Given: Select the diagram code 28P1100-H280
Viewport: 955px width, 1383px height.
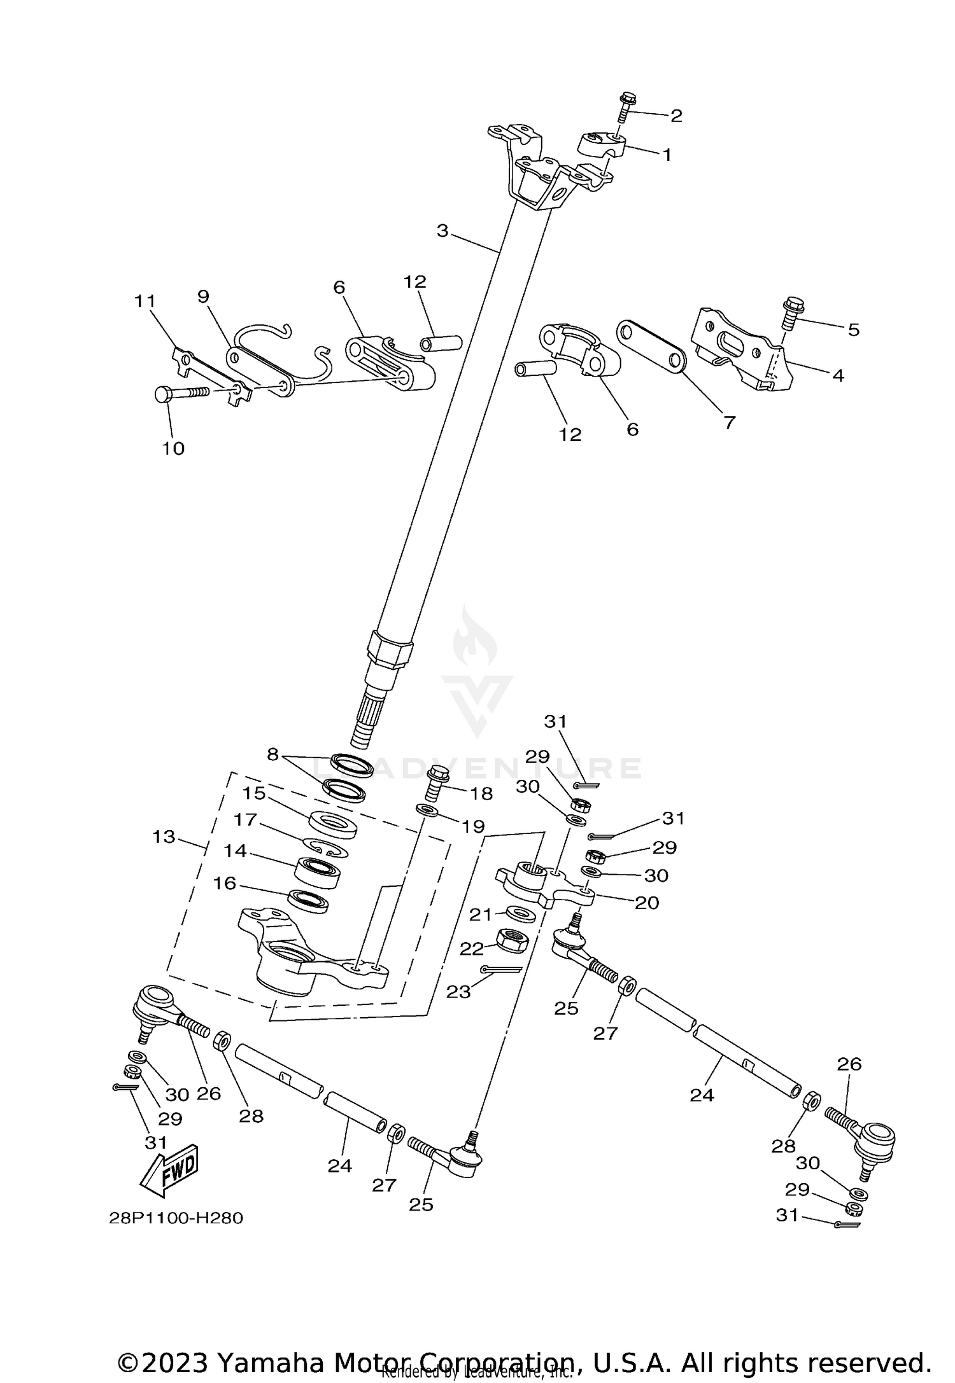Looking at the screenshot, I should coord(176,1218).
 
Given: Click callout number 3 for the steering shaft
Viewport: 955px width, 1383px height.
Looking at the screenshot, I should coord(442,231).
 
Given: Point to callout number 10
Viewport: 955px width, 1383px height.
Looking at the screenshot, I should coord(173,448).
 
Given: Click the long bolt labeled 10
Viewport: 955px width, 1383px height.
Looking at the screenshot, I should coord(182,394).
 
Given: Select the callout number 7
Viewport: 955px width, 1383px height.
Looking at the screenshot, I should coord(729,422).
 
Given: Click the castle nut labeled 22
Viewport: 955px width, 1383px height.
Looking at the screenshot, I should coord(513,939).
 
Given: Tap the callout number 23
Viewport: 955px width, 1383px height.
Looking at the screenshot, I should coord(458,991).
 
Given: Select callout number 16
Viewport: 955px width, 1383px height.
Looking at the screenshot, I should coord(225,883).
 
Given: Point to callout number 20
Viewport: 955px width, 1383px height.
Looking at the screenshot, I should coord(647,903).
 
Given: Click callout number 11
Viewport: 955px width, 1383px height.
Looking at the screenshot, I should coord(145,300).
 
